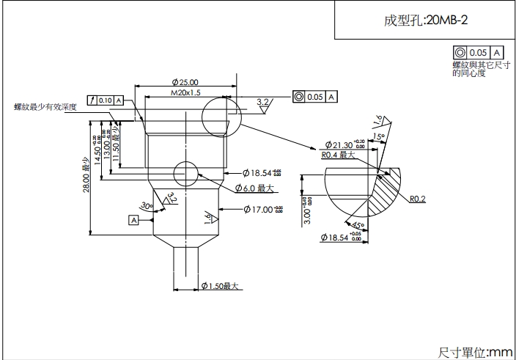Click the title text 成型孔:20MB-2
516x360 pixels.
click(425, 20)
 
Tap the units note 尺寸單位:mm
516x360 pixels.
click(475, 353)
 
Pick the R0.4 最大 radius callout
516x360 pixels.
click(338, 155)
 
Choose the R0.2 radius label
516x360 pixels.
click(419, 198)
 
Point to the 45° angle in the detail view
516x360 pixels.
click(358, 225)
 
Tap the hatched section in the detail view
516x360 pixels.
click(386, 192)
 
